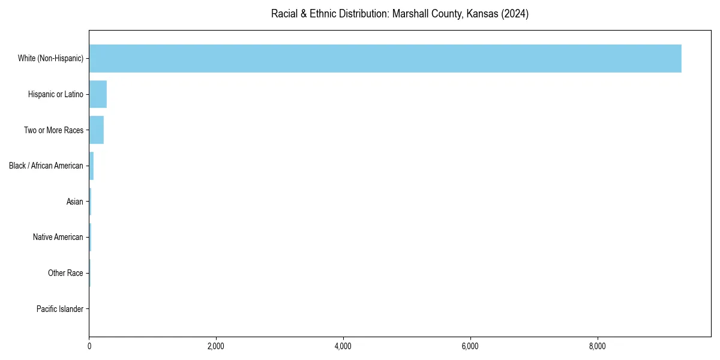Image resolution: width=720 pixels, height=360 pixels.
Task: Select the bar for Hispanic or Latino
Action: (x=98, y=94)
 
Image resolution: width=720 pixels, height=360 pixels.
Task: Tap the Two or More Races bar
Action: (x=97, y=130)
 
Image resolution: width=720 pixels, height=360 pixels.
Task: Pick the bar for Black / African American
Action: (x=91, y=166)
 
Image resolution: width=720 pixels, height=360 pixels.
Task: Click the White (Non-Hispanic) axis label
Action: (x=50, y=58)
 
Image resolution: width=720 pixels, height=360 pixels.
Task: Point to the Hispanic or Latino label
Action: (x=56, y=94)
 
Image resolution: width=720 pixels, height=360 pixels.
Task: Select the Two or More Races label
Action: (x=53, y=130)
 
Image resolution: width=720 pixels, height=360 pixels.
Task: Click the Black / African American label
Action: (x=46, y=166)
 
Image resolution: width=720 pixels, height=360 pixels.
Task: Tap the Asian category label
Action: (x=75, y=202)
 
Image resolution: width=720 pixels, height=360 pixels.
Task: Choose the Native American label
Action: (x=58, y=238)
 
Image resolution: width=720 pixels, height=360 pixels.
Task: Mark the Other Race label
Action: (x=65, y=274)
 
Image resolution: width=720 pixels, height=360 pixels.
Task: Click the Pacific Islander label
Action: (x=60, y=310)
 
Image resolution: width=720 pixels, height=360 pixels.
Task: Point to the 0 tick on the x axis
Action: (x=89, y=346)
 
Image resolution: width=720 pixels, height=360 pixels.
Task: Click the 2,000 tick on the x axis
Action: (x=216, y=346)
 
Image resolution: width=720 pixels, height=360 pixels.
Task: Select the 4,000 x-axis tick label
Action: (x=343, y=346)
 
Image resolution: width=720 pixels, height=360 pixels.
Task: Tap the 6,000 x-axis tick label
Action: (x=470, y=346)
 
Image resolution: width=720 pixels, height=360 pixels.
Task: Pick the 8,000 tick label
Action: (x=598, y=346)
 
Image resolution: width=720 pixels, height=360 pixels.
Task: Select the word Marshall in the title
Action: (x=409, y=14)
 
